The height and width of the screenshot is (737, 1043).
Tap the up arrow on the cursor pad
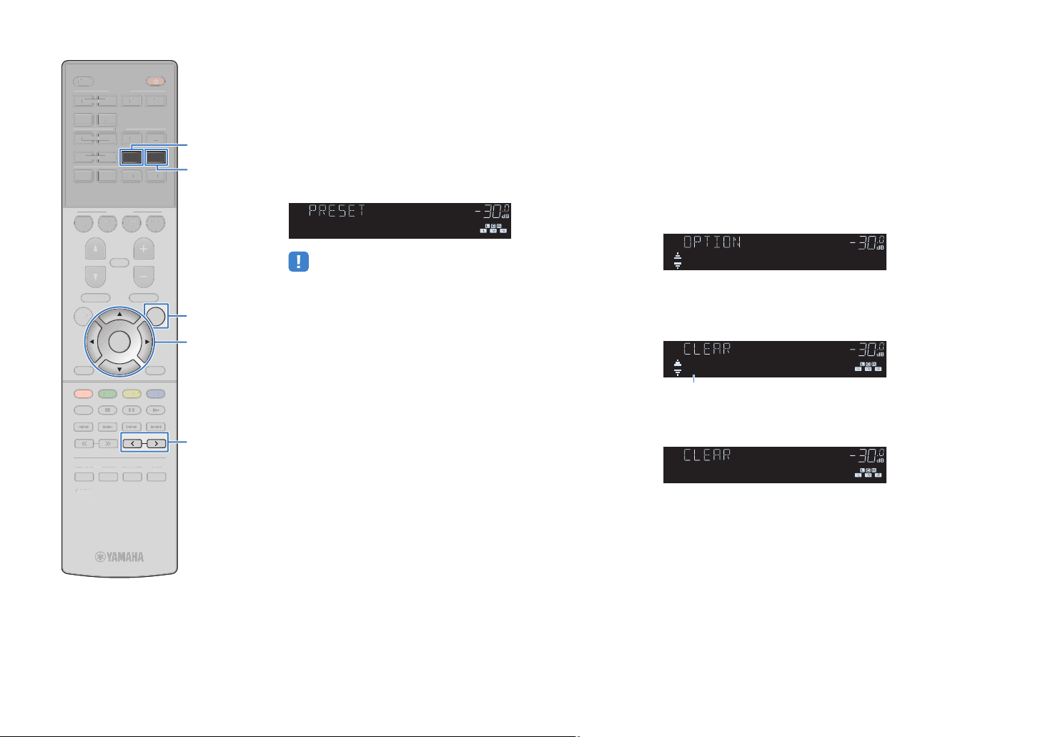click(x=119, y=315)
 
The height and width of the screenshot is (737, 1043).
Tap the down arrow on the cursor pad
click(x=119, y=369)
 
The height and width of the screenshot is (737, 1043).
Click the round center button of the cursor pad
click(x=119, y=342)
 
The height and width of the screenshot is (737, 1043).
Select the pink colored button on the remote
click(x=84, y=394)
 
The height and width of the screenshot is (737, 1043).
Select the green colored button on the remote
click(x=108, y=394)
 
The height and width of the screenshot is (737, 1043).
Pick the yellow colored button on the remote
click(x=132, y=394)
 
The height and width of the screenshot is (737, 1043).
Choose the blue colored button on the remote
click(x=156, y=394)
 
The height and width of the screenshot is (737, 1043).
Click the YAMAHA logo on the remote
click(x=120, y=557)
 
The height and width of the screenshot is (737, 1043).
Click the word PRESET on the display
click(x=337, y=211)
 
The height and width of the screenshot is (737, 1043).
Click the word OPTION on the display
click(x=712, y=242)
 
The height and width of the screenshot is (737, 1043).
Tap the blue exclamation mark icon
click(x=298, y=262)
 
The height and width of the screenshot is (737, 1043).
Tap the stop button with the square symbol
click(x=108, y=410)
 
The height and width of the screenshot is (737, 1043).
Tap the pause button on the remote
click(x=132, y=410)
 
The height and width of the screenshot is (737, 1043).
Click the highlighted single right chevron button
click(x=157, y=444)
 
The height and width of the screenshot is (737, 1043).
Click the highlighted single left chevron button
click(x=132, y=444)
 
